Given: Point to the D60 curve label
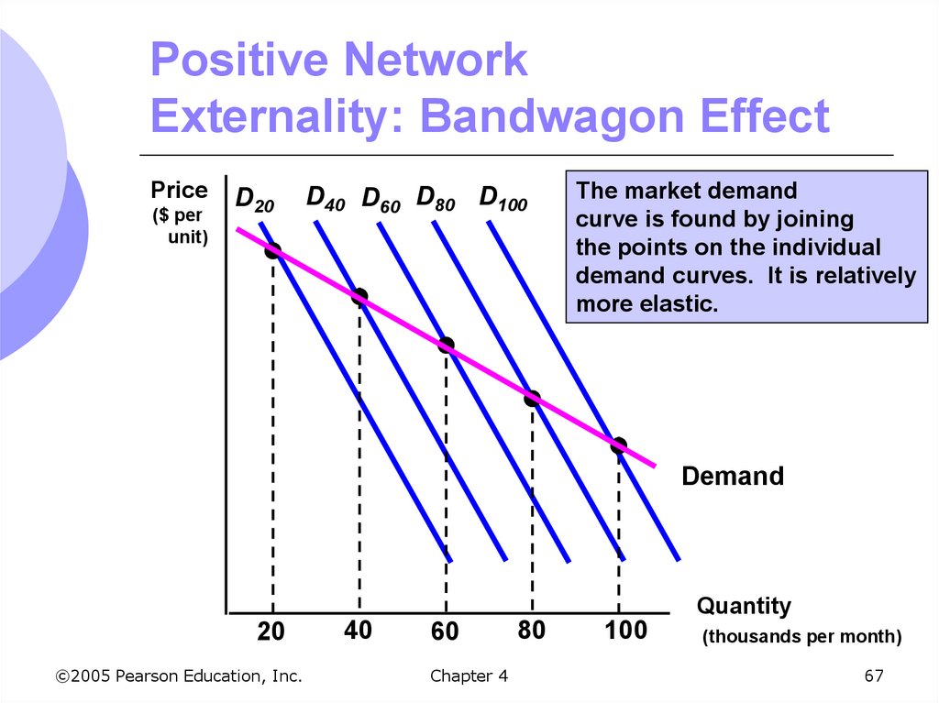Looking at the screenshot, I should coord(381,200).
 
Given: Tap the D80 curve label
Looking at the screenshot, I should coord(436,198).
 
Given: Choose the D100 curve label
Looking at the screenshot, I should coord(503,198).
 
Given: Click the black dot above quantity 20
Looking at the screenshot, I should coord(272,250).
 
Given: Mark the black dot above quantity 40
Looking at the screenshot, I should coord(359,296).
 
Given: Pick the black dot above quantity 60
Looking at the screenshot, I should coord(446,346).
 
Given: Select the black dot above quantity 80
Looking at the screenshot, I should coord(532,398).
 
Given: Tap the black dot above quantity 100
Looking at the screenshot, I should coord(618,445).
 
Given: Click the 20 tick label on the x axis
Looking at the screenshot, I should coord(271,632).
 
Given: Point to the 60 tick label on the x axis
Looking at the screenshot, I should coord(445,632).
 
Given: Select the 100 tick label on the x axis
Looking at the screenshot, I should coord(626,631).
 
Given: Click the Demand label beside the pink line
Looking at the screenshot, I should coord(733,477).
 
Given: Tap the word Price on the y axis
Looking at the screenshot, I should coord(180,191).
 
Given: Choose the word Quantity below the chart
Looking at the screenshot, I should coord(744,606).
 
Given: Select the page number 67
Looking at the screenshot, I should coord(873,676).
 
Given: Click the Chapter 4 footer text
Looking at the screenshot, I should coord(468,676).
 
